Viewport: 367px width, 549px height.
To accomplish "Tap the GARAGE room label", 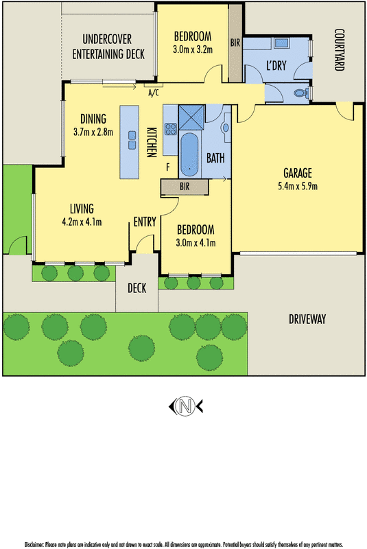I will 300,172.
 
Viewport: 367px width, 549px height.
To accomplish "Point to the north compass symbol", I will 184,407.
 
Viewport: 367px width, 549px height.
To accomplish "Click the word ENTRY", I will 145,221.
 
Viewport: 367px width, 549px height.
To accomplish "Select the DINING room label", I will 93,117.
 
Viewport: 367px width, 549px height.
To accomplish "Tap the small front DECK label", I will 137,288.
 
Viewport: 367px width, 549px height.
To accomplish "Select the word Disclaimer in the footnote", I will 35,544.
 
